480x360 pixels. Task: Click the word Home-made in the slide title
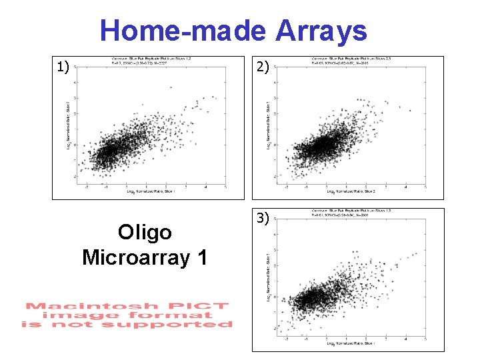(183, 31)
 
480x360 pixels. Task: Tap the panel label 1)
(63, 67)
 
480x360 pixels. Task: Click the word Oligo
(145, 232)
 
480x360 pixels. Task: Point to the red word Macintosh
(75, 307)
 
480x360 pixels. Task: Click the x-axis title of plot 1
(150, 191)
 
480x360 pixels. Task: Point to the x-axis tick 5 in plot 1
(227, 186)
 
